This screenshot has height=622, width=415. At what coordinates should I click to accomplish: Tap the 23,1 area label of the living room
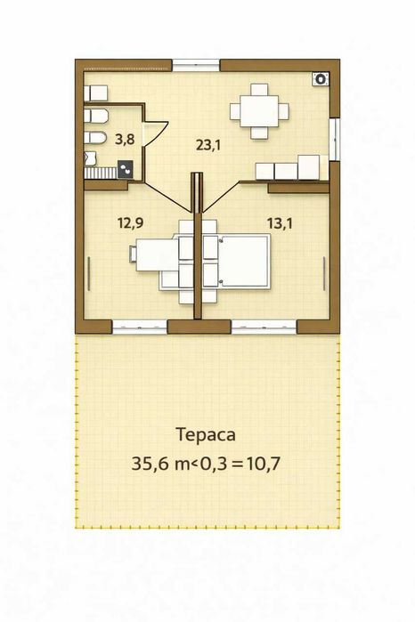point(208,145)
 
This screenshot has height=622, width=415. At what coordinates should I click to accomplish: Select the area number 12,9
point(131,223)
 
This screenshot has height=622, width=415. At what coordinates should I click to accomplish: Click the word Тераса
point(207,436)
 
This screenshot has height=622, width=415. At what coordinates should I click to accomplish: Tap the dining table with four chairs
point(259,110)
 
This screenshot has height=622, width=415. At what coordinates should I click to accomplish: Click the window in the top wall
point(196,64)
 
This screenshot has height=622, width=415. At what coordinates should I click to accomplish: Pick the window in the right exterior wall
point(335,138)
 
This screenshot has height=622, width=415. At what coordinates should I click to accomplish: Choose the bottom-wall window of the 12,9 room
point(140,327)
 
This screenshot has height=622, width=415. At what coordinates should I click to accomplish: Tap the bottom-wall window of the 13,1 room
point(264,327)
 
